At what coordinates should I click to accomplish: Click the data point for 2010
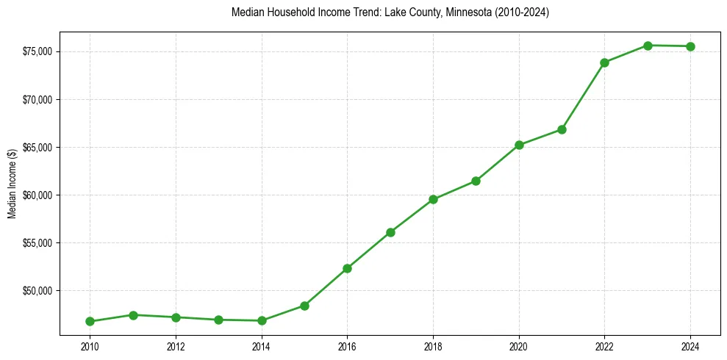pos(90,321)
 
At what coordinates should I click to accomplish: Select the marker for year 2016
pos(347,268)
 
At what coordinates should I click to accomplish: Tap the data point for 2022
pos(605,62)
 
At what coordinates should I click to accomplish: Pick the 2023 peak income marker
pos(648,46)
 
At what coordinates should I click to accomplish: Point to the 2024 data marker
pos(691,46)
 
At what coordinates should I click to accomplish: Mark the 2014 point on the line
pos(262,320)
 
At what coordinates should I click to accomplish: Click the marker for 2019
pos(476,181)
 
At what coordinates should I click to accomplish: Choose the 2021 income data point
pos(562,129)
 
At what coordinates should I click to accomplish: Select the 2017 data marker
pos(390,232)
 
